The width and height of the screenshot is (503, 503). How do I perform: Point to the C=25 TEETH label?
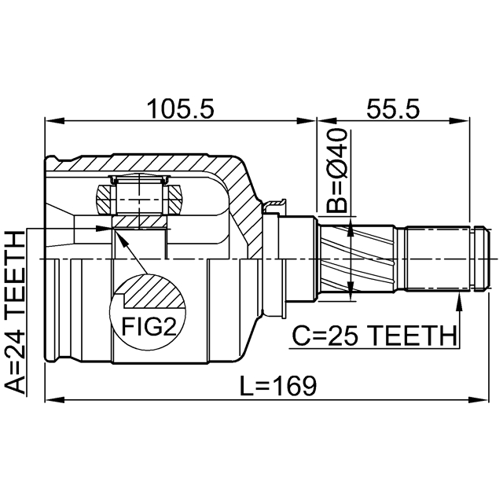pos(374,336)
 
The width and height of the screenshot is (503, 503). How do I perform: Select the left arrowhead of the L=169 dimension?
pos(50,400)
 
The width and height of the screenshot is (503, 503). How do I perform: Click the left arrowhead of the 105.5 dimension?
pos(50,121)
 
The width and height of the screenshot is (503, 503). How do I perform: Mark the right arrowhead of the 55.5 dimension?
pos(464,121)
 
